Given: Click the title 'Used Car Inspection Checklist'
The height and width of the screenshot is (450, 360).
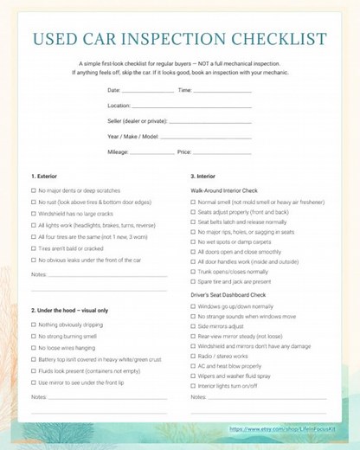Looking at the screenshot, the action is [179, 40].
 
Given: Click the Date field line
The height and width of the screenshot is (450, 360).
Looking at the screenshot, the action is [148, 91].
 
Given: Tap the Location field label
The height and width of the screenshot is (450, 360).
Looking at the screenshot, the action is [120, 106].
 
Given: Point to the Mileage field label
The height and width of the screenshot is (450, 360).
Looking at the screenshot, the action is [118, 151].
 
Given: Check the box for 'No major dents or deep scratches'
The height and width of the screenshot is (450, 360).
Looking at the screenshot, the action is [33, 190].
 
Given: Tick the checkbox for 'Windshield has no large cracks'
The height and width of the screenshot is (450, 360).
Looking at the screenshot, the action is [33, 213].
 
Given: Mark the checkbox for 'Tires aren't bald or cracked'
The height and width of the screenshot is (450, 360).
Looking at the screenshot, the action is [33, 248].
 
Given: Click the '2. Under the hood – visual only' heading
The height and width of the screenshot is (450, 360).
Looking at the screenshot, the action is [70, 310].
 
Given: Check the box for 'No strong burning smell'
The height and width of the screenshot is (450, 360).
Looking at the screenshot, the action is [33, 336].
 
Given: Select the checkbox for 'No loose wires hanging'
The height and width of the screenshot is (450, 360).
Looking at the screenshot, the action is [33, 347].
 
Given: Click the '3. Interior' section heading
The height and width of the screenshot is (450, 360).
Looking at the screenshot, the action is [205, 177].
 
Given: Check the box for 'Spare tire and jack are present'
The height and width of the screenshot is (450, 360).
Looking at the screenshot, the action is [193, 281].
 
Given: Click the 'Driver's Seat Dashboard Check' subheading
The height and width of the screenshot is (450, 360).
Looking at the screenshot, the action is [230, 295].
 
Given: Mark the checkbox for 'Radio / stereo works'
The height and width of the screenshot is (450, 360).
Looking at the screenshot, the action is [193, 355].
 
